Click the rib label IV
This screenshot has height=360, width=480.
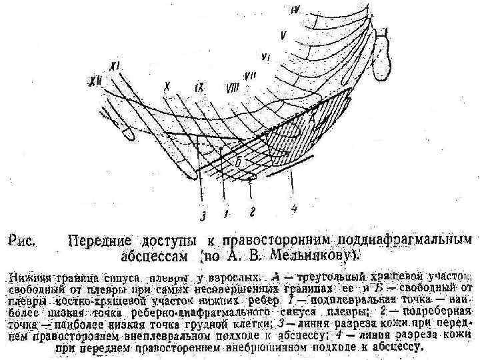(295, 9)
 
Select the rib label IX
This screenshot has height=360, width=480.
(199, 87)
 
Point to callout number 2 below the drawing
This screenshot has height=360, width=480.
(253, 211)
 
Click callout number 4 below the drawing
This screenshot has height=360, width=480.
(293, 209)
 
